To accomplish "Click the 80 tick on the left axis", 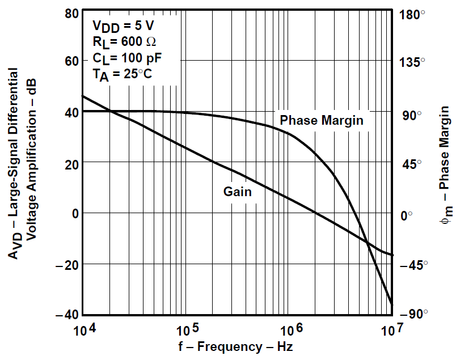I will click(71, 12).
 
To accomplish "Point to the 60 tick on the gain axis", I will click(71, 62).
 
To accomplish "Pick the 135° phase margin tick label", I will click(413, 62).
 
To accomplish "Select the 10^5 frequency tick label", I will click(187, 329).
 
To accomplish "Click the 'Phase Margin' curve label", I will click(322, 120).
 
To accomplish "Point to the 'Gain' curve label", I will click(237, 192).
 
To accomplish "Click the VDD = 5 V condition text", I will click(123, 26).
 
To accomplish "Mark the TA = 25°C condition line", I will click(122, 74).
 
